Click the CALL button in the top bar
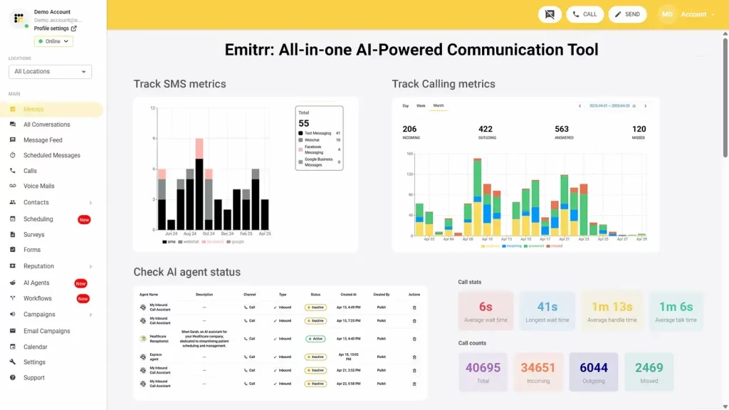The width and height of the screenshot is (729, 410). click(x=584, y=14)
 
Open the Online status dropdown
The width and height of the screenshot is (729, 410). click(x=53, y=41)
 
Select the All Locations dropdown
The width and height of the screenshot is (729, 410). click(x=50, y=71)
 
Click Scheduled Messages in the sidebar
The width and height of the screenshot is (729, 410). click(x=51, y=155)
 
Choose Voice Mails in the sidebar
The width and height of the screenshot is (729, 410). click(x=38, y=186)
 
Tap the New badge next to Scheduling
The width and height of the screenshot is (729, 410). click(x=84, y=219)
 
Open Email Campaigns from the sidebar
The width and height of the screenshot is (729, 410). click(x=46, y=331)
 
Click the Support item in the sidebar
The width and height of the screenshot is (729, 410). click(x=33, y=377)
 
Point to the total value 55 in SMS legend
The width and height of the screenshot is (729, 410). click(x=304, y=123)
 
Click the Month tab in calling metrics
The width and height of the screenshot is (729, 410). click(x=439, y=105)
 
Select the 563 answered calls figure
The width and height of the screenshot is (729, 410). click(x=562, y=129)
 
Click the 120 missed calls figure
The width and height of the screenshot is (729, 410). click(x=639, y=129)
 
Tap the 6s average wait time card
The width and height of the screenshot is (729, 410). click(x=486, y=311)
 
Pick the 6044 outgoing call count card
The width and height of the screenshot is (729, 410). click(x=593, y=372)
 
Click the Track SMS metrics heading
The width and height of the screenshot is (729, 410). click(x=179, y=84)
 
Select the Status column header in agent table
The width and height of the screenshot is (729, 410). click(x=315, y=294)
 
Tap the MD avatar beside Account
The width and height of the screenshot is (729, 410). click(x=667, y=14)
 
